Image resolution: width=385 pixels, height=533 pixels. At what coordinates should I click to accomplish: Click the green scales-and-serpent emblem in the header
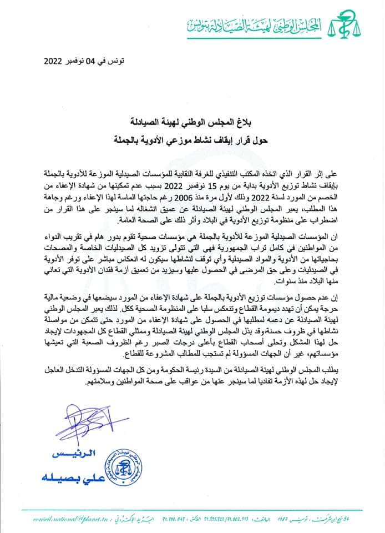point(343,23)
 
